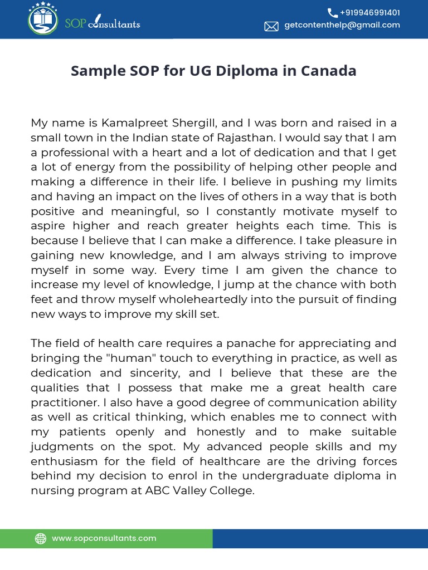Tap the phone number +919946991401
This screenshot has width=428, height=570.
(x=370, y=12)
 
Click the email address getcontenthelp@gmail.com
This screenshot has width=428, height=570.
(x=342, y=25)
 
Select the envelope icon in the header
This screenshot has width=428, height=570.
(x=271, y=26)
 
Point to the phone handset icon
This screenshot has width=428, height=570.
(x=332, y=13)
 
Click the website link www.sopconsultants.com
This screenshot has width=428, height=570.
(x=104, y=538)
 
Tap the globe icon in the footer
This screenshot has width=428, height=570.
(x=41, y=538)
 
